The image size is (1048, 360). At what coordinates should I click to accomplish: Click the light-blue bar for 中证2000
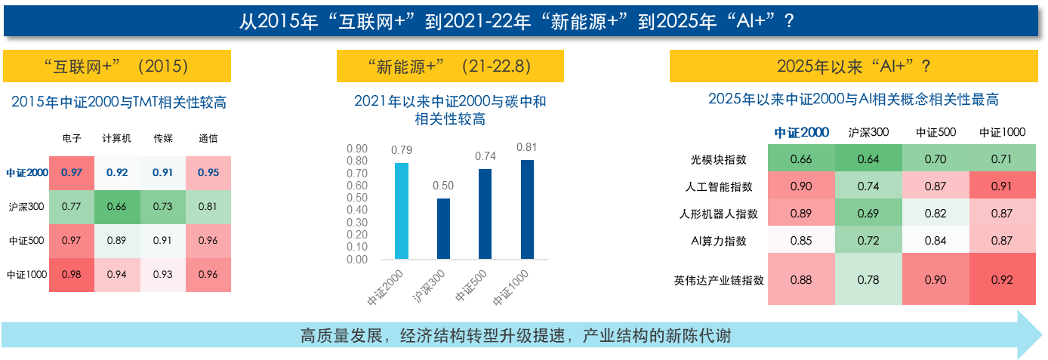point(402,211)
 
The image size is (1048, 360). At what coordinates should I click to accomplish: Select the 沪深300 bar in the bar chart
point(443,229)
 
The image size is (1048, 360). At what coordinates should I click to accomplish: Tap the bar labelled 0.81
point(527,210)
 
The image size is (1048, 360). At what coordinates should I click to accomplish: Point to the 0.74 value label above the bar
point(485,156)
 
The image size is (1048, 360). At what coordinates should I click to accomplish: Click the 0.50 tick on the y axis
point(357,198)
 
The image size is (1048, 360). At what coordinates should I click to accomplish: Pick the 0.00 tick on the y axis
point(357,260)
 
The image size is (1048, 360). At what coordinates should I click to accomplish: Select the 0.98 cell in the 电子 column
point(72,275)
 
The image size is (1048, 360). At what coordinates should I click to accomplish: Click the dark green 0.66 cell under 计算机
point(117,207)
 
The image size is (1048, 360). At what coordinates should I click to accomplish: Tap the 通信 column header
point(208,138)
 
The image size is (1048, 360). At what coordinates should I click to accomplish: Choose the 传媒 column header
point(163,138)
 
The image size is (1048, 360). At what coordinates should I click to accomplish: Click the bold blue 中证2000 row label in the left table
point(27,173)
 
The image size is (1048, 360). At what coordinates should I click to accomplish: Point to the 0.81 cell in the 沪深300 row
point(208,207)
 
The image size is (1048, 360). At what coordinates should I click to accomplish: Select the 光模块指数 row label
point(719,160)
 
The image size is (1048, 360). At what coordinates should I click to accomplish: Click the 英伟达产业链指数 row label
point(719,281)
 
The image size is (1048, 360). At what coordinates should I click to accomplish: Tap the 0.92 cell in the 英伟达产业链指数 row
point(1002,279)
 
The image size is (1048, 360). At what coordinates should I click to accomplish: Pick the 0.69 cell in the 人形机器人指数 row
point(868,214)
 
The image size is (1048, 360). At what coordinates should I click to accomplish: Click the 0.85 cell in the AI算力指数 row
point(801,241)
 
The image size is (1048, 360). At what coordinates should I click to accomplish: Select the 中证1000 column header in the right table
point(1002,133)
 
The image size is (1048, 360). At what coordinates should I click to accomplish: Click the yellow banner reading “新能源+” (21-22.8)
point(450,66)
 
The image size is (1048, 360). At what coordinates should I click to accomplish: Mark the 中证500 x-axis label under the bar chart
point(471,285)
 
